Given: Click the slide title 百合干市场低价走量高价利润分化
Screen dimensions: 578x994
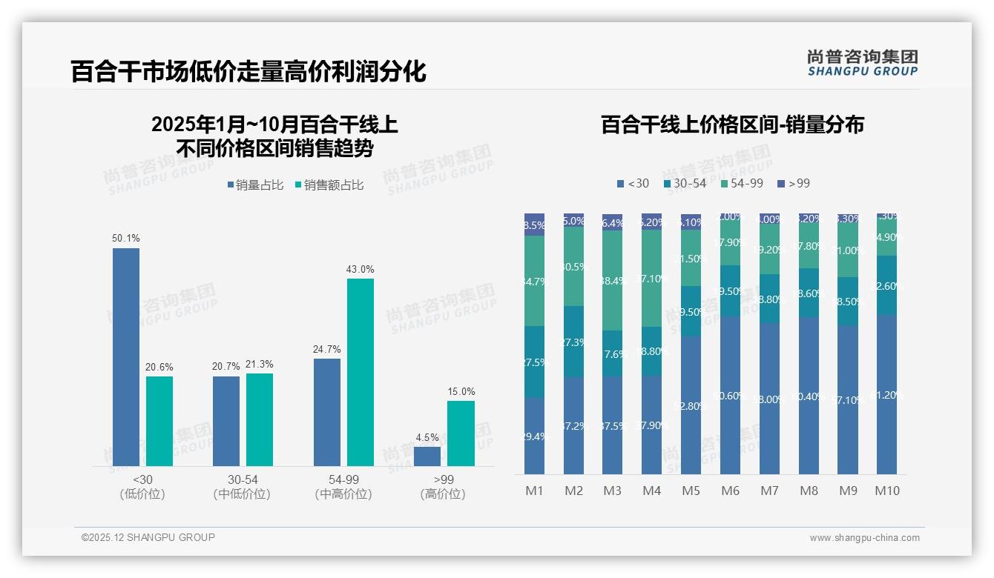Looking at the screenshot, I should point(248,71).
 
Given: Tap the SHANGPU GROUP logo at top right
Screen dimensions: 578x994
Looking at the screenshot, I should point(862,62).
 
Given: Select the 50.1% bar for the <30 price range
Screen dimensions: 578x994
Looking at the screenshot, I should point(126,356).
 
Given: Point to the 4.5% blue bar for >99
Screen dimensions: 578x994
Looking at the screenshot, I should point(427,456).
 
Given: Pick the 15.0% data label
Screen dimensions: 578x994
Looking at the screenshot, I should point(461,391).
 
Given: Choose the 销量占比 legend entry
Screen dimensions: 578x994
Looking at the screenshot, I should point(255,185).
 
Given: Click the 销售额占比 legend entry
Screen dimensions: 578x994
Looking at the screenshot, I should point(329,185).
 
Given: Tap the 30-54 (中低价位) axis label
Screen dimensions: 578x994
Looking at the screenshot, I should point(242,487).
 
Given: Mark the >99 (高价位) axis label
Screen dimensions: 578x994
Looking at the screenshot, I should point(443,487).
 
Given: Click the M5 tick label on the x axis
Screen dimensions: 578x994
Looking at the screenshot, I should point(691,491).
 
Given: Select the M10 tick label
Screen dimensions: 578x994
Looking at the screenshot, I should point(886,491).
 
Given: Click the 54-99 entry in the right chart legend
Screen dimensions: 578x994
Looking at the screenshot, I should point(742,183).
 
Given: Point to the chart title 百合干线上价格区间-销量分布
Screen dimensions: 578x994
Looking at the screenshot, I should point(732,124).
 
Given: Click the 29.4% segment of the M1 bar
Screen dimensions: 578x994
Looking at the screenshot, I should point(534,436).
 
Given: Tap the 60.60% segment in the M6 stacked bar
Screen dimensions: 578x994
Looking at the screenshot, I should point(730,395).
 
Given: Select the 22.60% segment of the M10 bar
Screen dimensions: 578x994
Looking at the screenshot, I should point(886,285).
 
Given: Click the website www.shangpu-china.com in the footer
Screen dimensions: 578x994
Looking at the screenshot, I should point(864,538).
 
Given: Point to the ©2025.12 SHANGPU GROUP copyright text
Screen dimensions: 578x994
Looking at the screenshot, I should point(148,537).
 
